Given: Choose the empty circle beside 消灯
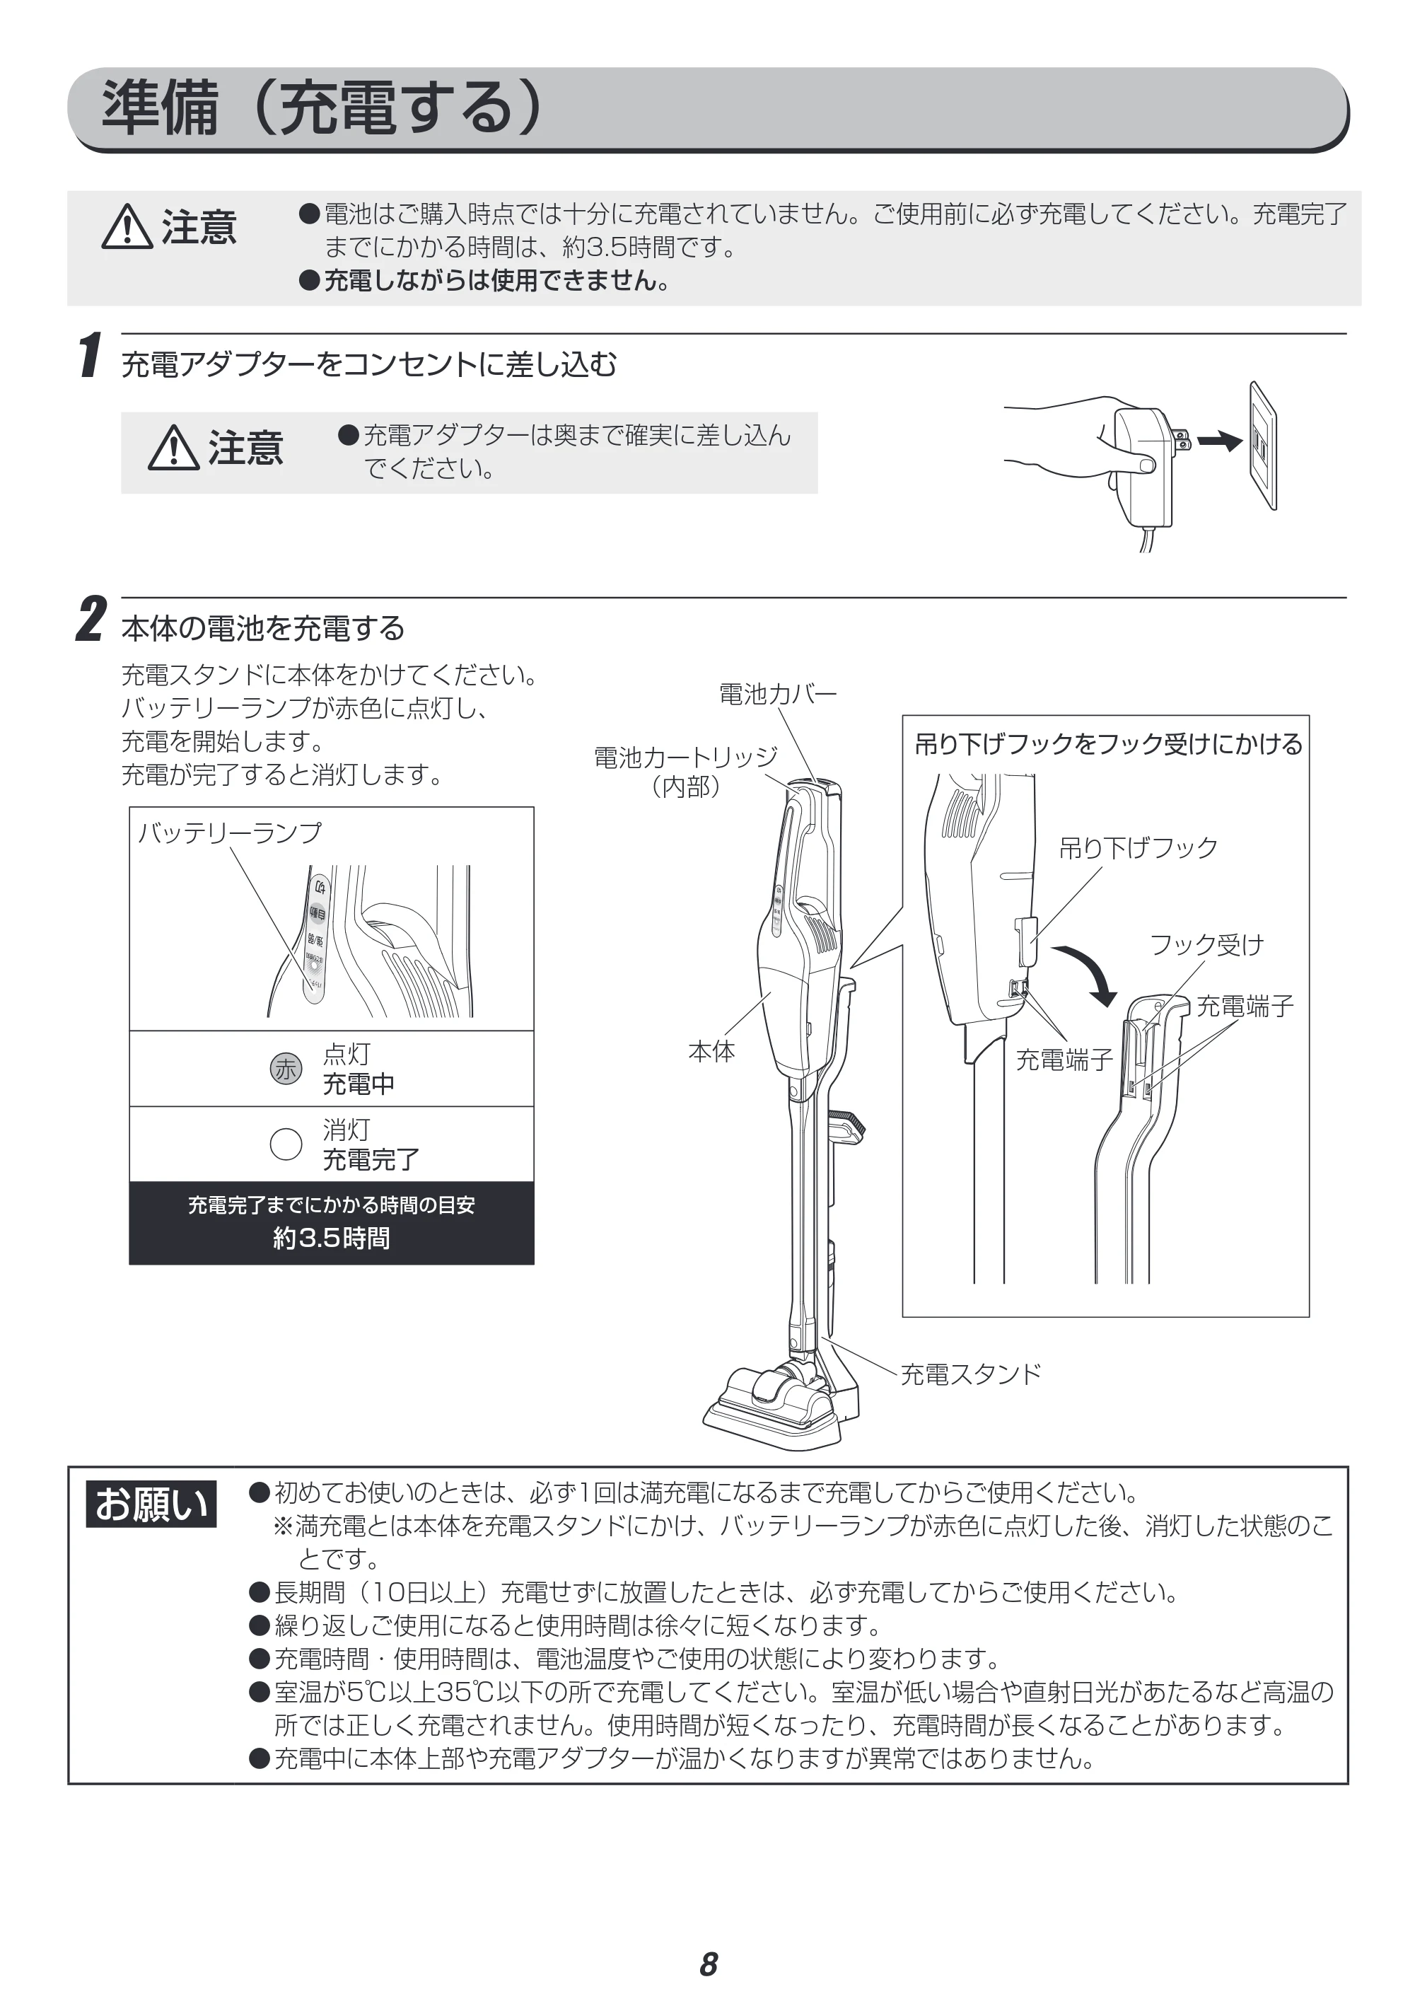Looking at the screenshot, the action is (286, 1144).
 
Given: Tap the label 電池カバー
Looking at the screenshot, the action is (777, 695).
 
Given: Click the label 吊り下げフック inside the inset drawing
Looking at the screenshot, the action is (1138, 847).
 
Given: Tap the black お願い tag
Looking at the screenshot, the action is (151, 1504).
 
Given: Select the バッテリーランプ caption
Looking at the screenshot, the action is (230, 833).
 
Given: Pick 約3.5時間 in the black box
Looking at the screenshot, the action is (331, 1238).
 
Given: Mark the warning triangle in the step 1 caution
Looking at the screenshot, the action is (173, 448).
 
